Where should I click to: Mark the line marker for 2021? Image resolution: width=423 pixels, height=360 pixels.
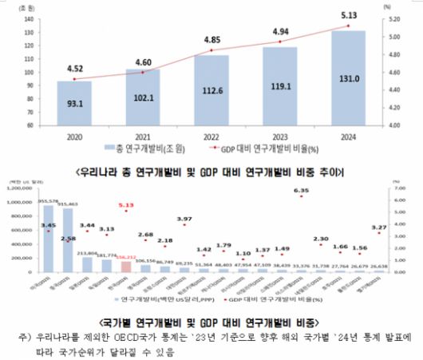[143, 73]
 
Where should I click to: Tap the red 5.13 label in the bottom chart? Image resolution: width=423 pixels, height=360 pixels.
[125, 205]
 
